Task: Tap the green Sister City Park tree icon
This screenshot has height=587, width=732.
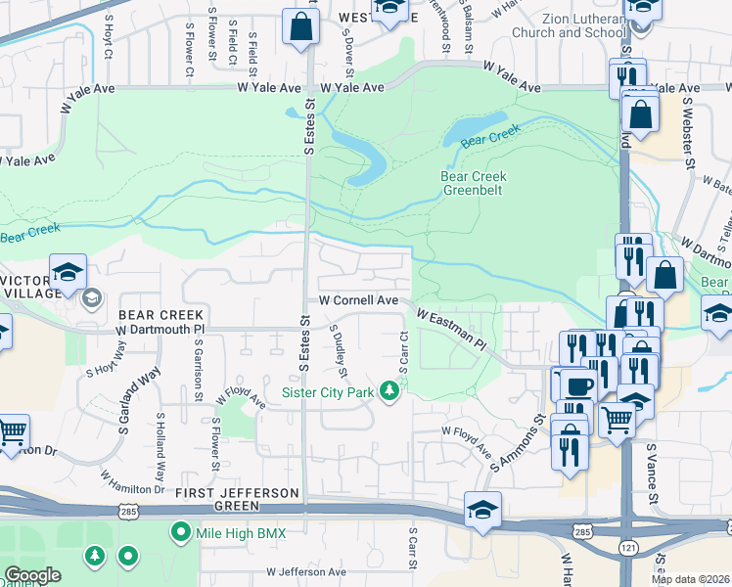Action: (x=390, y=392)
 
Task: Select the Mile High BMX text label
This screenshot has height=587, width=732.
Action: (x=240, y=533)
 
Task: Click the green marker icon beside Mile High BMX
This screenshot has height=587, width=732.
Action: (x=180, y=533)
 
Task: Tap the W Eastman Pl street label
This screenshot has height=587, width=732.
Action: (x=450, y=330)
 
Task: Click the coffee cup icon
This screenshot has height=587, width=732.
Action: (x=574, y=384)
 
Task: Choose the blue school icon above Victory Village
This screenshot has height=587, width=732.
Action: (x=69, y=273)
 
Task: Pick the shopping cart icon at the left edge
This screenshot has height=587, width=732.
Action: (x=12, y=431)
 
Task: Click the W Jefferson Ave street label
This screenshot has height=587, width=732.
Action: (x=306, y=571)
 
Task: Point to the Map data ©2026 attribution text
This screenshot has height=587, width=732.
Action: (x=689, y=579)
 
